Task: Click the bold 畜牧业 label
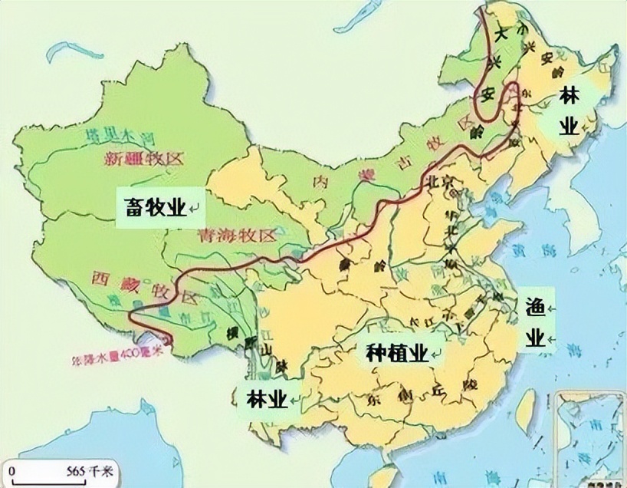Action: (154, 206)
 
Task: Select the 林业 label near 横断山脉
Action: (266, 398)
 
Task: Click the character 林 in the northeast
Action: (569, 97)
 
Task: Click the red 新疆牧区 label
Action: (146, 160)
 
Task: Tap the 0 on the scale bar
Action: (13, 470)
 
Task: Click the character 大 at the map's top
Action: (502, 34)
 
